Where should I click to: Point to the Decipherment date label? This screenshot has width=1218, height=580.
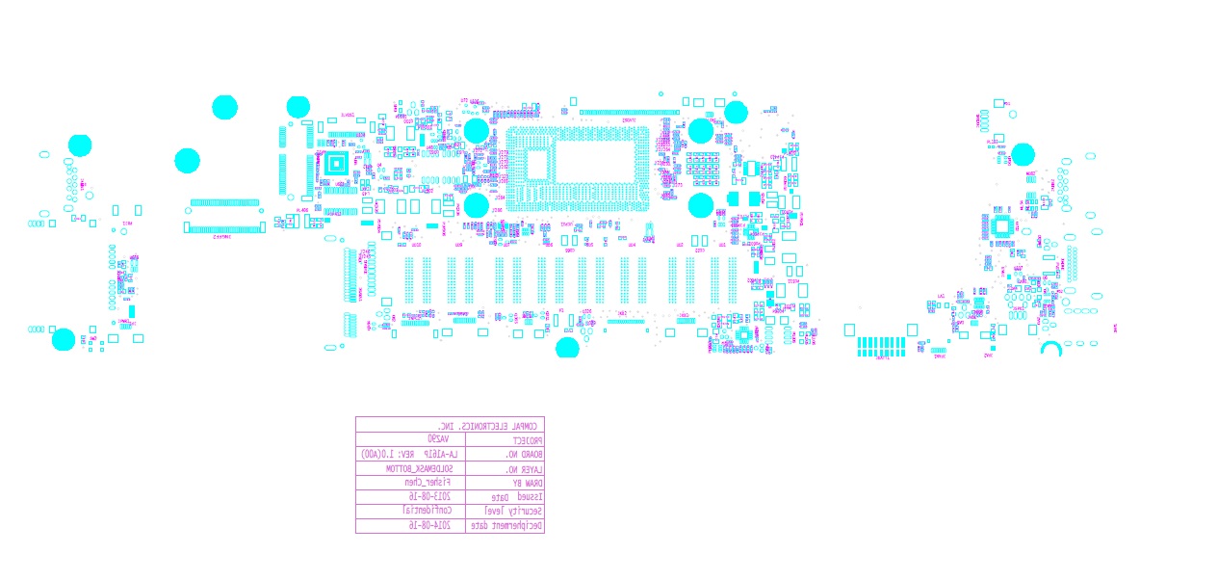(505, 526)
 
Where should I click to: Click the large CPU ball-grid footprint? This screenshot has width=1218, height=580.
(578, 169)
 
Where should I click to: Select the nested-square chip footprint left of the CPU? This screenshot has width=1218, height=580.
(335, 164)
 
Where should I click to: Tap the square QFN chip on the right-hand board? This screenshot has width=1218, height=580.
(1002, 226)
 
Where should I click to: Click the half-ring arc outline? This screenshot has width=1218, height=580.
(1050, 348)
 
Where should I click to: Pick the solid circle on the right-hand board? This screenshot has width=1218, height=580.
(1023, 154)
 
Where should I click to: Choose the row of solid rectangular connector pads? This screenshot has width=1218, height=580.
(881, 345)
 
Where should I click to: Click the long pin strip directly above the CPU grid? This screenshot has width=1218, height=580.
(629, 113)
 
